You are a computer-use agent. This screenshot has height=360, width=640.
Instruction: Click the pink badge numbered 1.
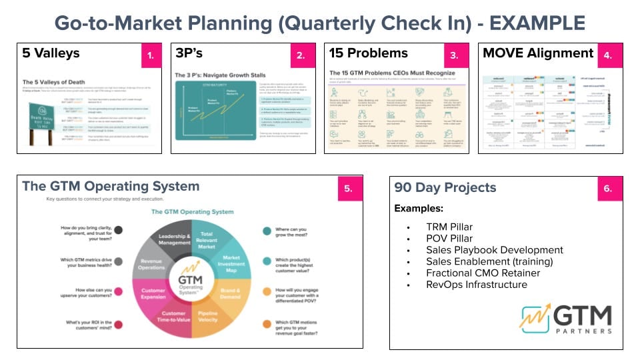click(x=150, y=56)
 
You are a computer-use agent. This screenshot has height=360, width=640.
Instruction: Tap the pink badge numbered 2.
click(x=301, y=56)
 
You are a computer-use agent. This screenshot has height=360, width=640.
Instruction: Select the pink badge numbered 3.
click(x=455, y=56)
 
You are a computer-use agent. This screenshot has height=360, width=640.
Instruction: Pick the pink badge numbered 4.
click(x=608, y=56)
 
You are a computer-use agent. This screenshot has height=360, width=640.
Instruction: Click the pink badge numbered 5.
click(x=349, y=189)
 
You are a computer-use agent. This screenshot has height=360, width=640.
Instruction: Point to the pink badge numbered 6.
click(x=608, y=189)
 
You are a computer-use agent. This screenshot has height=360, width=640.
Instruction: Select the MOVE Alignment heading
click(x=538, y=53)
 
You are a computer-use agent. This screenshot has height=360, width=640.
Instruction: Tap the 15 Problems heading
click(x=369, y=53)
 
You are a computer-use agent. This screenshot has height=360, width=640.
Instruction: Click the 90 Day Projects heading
click(x=445, y=187)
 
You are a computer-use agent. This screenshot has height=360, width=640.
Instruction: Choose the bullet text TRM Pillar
click(x=450, y=226)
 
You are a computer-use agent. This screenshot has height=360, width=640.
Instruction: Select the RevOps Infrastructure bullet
click(x=477, y=285)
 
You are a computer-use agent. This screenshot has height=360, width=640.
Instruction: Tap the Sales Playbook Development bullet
click(x=495, y=250)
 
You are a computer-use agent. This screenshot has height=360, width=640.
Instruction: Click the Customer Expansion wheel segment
click(x=153, y=295)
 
